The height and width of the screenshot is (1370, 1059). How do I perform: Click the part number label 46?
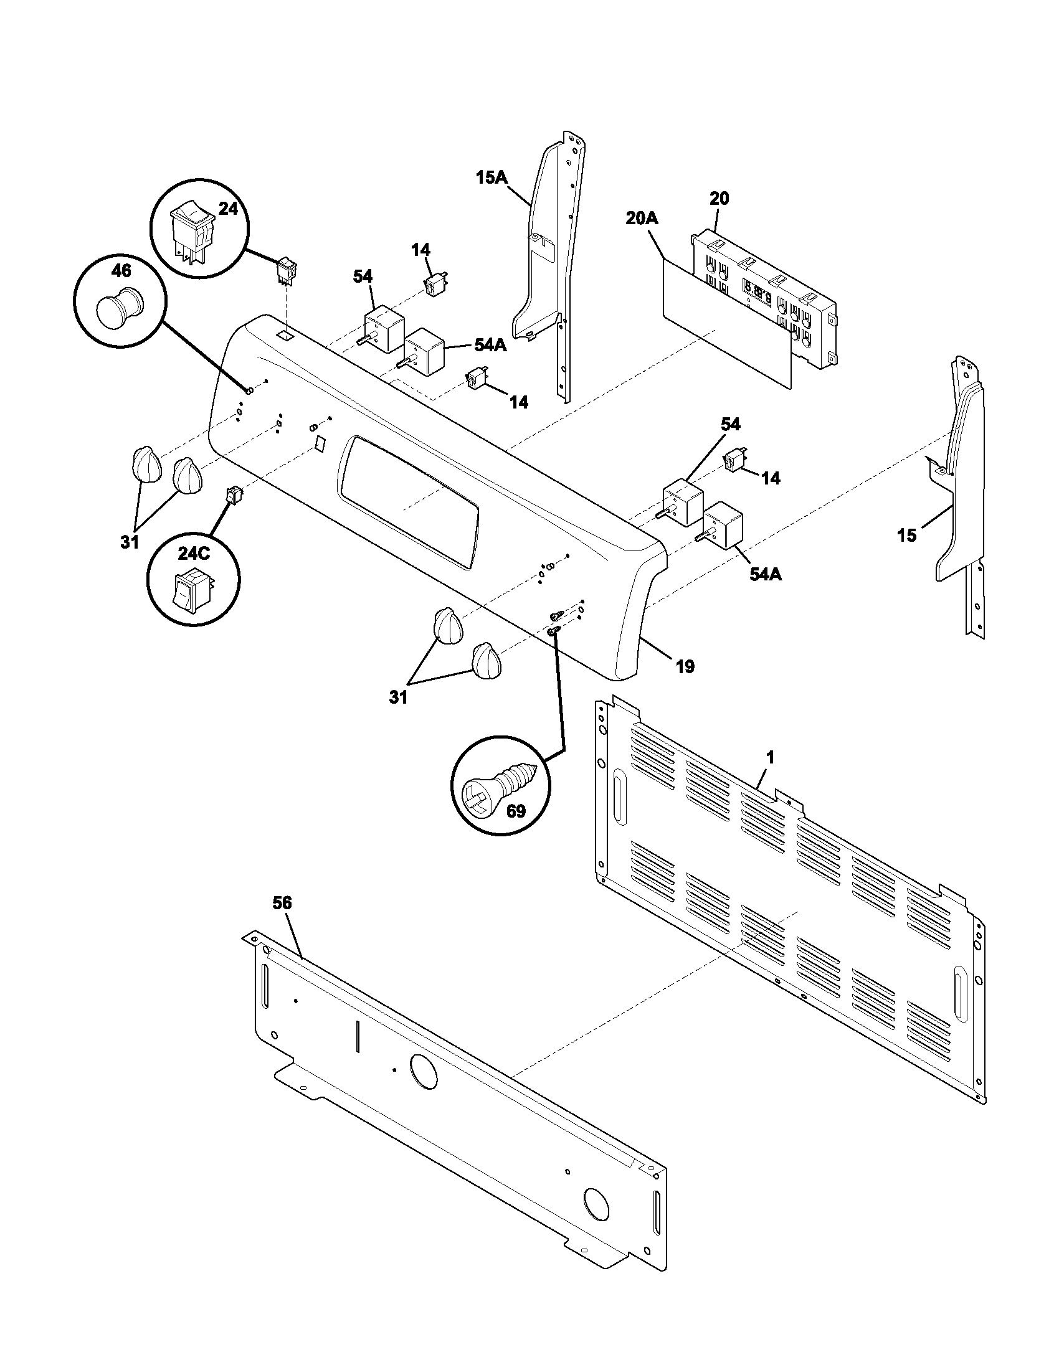pyautogui.click(x=121, y=270)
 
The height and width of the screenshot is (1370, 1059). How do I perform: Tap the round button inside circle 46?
pyautogui.click(x=117, y=308)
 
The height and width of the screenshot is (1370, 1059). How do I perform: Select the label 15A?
pyautogui.click(x=492, y=177)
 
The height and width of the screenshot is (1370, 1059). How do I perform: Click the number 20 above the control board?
pyautogui.click(x=719, y=199)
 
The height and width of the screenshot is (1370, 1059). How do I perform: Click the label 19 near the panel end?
pyautogui.click(x=685, y=666)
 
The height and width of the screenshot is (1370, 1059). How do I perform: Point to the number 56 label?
pyautogui.click(x=282, y=903)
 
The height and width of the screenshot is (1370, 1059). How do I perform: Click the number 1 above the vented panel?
pyautogui.click(x=770, y=758)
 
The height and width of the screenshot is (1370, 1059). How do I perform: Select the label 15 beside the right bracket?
pyautogui.click(x=906, y=535)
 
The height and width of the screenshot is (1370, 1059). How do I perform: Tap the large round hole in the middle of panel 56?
pyautogui.click(x=422, y=1071)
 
